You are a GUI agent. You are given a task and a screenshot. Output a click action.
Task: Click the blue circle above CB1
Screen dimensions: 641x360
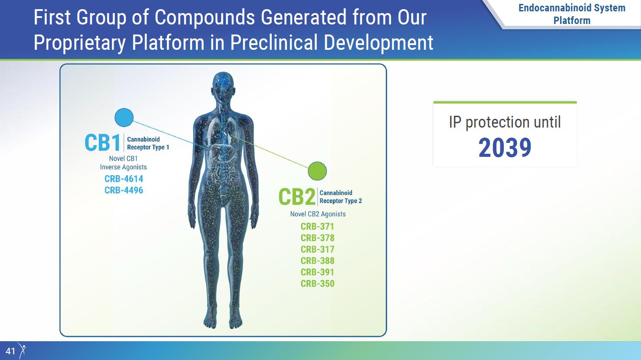coord(124,118)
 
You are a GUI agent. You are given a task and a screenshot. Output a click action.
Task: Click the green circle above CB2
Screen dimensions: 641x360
coord(317,171)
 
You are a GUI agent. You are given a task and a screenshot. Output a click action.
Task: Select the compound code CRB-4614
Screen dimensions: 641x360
coord(124,179)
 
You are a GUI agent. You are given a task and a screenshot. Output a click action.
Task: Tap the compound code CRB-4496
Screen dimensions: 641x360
coord(124,190)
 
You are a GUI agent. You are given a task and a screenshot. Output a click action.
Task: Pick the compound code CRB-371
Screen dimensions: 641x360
coord(317,227)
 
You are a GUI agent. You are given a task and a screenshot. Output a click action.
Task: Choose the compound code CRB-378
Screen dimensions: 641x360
coord(317,238)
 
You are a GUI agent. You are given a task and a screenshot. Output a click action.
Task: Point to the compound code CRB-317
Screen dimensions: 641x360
coord(317,249)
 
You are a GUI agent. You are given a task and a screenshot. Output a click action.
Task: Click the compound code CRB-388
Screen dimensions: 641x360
coord(317,261)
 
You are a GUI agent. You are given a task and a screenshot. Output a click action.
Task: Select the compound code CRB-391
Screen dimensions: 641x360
coord(317,272)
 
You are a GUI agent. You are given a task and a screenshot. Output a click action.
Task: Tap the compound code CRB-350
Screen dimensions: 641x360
coord(317,284)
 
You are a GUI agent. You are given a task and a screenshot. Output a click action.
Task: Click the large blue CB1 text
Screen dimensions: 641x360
coord(102,143)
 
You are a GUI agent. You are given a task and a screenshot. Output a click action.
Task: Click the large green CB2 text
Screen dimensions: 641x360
coord(297,197)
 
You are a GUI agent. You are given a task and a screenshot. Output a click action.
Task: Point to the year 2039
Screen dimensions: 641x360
coord(505,148)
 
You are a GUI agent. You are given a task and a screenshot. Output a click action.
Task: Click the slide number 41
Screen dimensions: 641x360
coord(10,351)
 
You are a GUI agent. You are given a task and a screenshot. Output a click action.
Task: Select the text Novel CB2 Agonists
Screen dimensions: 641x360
coord(318,214)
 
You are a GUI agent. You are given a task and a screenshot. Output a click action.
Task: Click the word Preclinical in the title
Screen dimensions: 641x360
coord(274,42)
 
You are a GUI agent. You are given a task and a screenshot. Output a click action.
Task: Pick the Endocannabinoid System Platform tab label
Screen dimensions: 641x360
coord(572,14)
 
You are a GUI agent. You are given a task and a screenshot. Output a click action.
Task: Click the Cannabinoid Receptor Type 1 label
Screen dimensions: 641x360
coord(148,143)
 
